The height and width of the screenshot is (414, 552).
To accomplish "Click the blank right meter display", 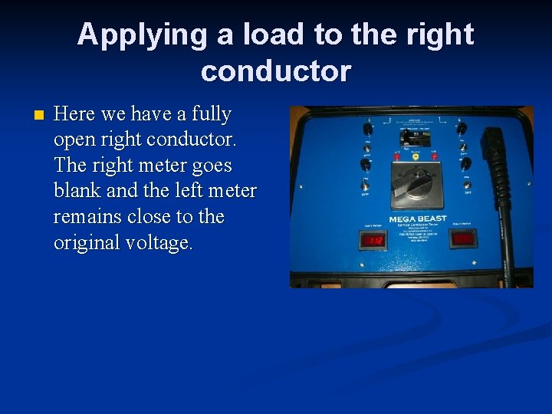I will pyautogui.click(x=462, y=239).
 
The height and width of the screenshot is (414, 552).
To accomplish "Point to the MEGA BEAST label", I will pyautogui.click(x=419, y=219).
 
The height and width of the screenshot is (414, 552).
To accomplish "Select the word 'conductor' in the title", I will pyautogui.click(x=276, y=71).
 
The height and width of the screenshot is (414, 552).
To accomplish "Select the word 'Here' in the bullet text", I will pyautogui.click(x=74, y=114).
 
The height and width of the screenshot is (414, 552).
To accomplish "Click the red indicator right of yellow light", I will pyautogui.click(x=433, y=156).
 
